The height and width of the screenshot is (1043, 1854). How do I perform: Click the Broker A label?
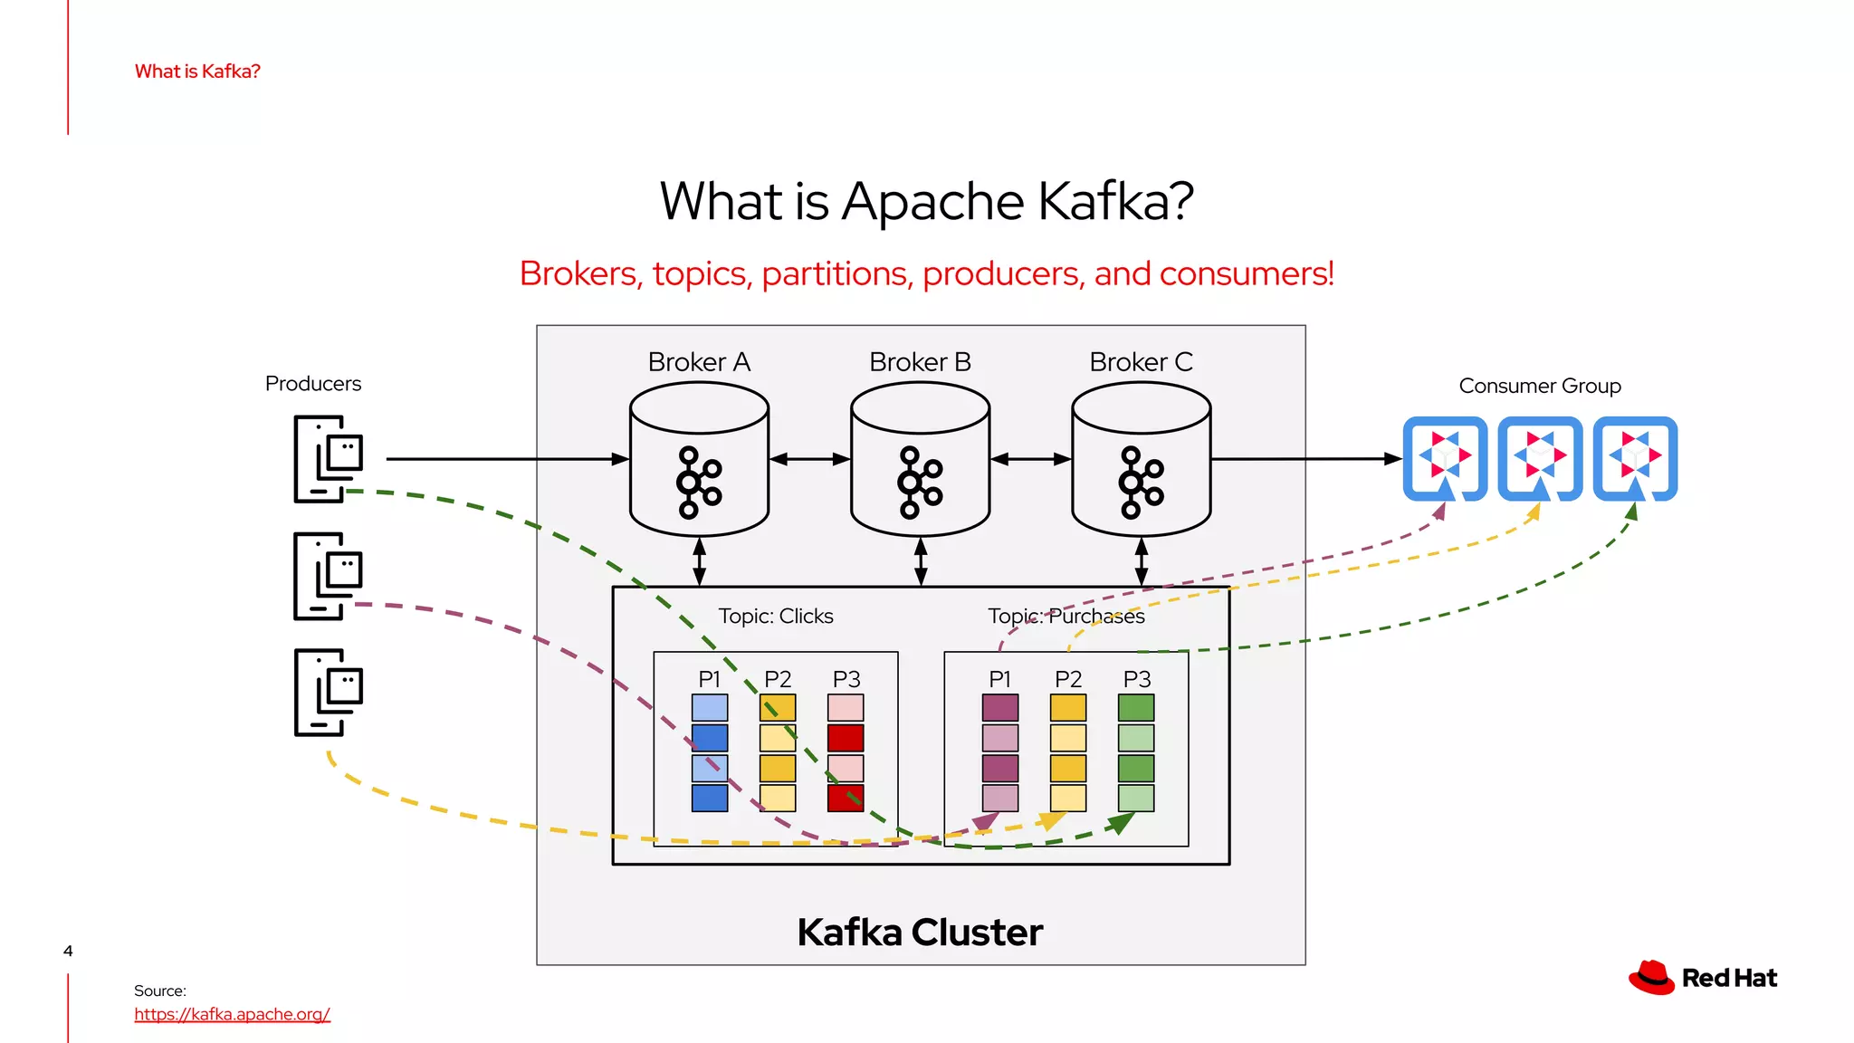coord(699,362)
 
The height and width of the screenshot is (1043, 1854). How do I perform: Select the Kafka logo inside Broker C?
coord(1141,482)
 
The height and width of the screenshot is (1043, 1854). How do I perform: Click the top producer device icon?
coord(328,458)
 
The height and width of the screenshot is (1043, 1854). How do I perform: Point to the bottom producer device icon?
coord(328,692)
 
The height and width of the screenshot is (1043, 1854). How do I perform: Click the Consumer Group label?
coord(1539,386)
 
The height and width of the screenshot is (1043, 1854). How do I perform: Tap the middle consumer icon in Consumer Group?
coord(1540,457)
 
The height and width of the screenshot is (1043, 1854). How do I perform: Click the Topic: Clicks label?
coord(775,617)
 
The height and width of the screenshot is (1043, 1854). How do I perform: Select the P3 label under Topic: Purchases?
coord(1136,679)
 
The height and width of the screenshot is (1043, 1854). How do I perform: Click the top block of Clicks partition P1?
coord(709,707)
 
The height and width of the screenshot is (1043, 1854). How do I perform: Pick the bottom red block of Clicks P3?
coord(846,799)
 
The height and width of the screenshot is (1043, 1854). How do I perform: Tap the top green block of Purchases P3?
coord(1136,707)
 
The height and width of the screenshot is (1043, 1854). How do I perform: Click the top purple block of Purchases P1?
coord(999,707)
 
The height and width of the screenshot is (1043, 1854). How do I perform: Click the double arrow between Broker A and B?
coord(809,459)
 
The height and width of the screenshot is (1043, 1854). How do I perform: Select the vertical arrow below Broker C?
coord(1141,561)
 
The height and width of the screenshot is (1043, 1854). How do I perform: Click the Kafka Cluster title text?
coord(920,933)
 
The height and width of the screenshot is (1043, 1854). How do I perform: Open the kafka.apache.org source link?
coord(232,1014)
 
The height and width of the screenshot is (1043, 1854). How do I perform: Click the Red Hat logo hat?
coord(1651,978)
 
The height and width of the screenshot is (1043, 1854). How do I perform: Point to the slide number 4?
coord(68,951)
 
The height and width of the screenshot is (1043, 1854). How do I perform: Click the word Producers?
coord(312,384)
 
